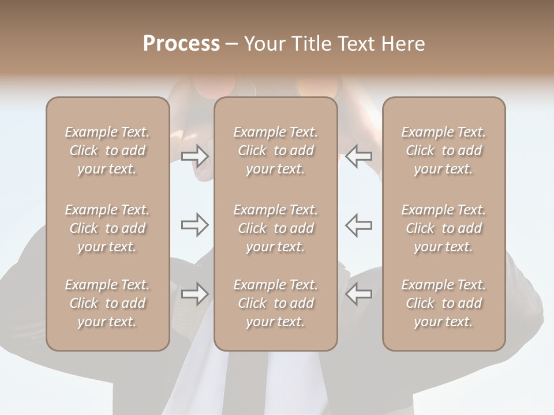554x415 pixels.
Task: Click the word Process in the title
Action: tap(181, 44)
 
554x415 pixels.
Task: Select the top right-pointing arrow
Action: tap(194, 156)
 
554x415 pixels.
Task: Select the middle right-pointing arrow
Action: tap(194, 225)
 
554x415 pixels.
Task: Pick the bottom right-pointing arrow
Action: tap(194, 294)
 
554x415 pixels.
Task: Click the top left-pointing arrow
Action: tap(359, 156)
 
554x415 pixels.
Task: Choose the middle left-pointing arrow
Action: tap(359, 225)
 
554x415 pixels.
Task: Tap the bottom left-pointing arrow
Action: tap(359, 294)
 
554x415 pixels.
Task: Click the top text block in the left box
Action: tap(107, 150)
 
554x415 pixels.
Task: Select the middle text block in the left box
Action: tap(107, 228)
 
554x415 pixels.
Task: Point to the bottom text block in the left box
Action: tap(107, 303)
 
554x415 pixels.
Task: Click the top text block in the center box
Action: tap(275, 150)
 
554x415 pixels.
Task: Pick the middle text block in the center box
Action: tap(275, 228)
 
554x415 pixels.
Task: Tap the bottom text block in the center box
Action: tap(275, 303)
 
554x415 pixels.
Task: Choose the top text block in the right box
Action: tap(444, 150)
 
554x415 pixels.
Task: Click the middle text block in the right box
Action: tap(444, 228)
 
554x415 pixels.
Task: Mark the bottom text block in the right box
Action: tap(444, 303)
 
